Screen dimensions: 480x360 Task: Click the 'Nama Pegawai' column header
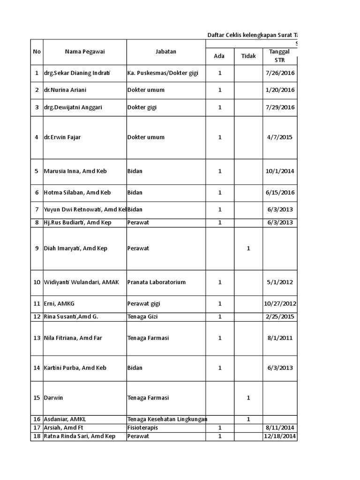pos(85,52)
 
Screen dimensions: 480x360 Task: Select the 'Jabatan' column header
pos(166,52)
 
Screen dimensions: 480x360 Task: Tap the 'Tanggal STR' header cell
pos(279,56)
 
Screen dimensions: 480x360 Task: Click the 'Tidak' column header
pos(248,56)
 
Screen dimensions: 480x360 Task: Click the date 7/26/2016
pos(280,73)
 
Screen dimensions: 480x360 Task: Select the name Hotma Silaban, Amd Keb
pos(77,193)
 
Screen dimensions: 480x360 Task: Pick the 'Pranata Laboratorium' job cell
pos(157,282)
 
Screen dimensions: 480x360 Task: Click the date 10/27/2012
pos(280,304)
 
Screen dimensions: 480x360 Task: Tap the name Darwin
pos(53,398)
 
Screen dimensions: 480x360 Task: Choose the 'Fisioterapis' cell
pos(143,428)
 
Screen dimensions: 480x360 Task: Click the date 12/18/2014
pos(280,436)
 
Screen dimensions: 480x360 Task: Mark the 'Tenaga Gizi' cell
pos(142,317)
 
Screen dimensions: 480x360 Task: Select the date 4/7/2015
pos(280,137)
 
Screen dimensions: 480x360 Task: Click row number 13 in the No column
pos(37,338)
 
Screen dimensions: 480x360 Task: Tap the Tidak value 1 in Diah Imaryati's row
pos(248,248)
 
